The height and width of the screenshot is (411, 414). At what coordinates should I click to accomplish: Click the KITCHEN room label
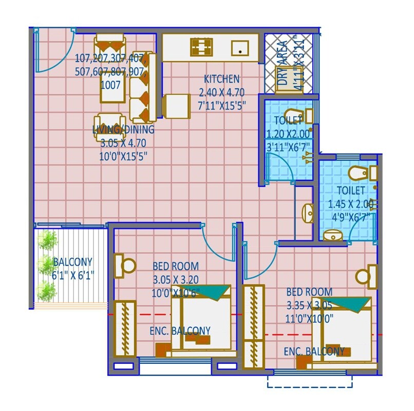coord(222,79)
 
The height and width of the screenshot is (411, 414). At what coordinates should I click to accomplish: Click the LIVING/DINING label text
coord(123,129)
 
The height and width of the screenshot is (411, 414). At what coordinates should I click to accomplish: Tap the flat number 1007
coord(111,84)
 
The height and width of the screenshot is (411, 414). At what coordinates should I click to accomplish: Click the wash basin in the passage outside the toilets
coord(308,213)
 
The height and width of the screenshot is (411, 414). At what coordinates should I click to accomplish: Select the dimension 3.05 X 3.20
coord(176,279)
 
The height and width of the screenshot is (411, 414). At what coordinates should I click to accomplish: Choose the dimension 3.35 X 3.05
coord(310,305)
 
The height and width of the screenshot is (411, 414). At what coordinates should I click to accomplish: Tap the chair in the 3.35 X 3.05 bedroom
coord(366,276)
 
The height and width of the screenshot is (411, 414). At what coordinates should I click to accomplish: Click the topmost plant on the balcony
coord(48,239)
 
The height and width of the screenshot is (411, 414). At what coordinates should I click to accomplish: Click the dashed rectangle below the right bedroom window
coord(310,381)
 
